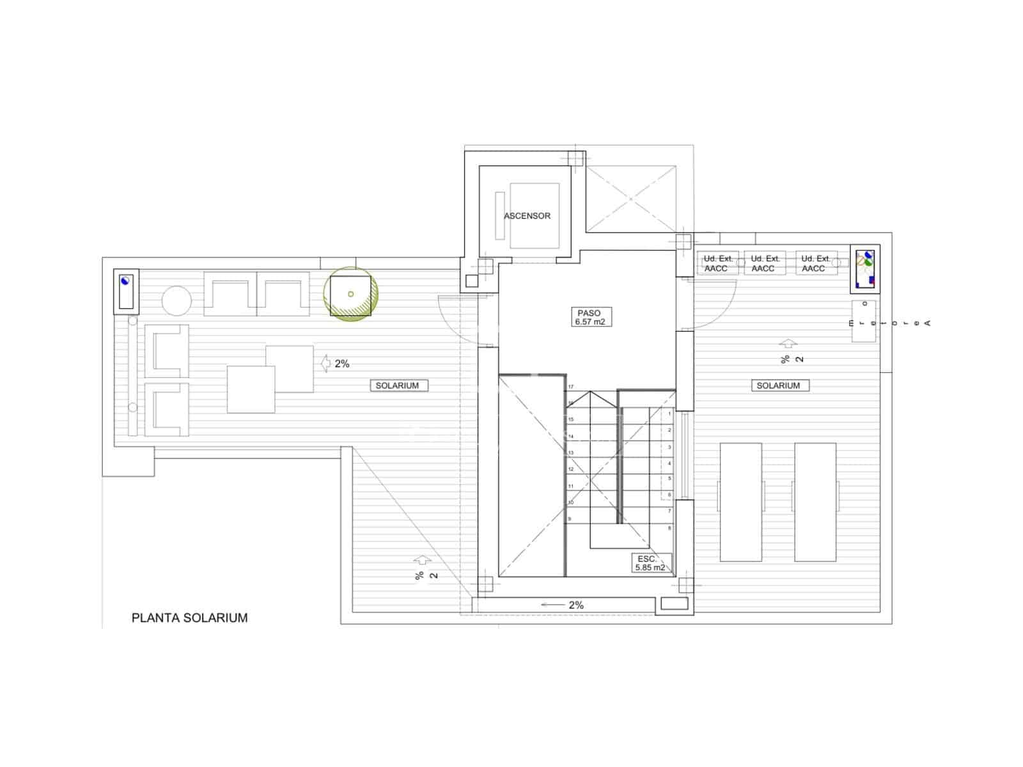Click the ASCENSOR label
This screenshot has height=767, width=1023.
tap(527, 216)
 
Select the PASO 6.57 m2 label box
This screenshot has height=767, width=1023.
tap(590, 317)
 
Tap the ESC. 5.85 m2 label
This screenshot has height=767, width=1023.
tap(650, 563)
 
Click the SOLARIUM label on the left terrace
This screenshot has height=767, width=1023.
tap(397, 385)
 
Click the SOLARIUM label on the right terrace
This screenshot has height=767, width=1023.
tap(778, 385)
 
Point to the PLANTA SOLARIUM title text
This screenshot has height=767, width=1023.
tap(189, 617)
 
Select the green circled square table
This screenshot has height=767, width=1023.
tap(350, 294)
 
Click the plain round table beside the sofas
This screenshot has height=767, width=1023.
tap(176, 300)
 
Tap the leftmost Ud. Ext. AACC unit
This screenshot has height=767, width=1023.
tap(717, 263)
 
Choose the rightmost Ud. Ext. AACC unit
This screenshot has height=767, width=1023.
tap(816, 263)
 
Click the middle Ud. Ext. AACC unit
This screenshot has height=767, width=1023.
tap(765, 263)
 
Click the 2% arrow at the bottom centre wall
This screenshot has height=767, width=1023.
tap(562, 605)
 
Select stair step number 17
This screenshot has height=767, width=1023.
tap(571, 387)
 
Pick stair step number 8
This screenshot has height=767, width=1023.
tap(669, 528)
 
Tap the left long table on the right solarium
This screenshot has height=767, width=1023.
tap(740, 502)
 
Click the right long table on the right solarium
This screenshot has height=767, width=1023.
tap(815, 502)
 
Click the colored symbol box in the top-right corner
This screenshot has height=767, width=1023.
tap(865, 267)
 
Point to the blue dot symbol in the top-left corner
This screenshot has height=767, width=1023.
tap(125, 280)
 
